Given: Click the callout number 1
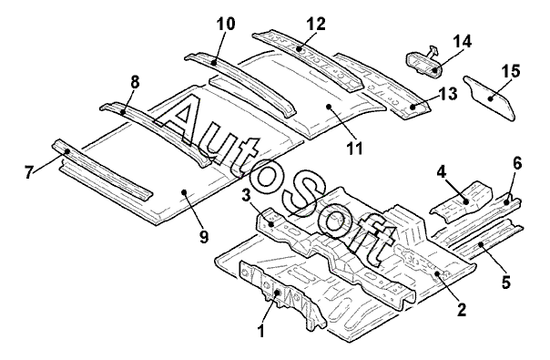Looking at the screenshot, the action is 260,331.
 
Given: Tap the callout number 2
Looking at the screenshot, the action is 462,309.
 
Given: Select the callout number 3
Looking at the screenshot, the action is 247,196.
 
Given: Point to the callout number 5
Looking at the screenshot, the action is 505,282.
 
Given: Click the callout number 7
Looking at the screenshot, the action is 30,172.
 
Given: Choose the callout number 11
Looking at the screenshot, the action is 354,148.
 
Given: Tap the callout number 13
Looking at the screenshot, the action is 448,94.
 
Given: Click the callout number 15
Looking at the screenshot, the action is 511,71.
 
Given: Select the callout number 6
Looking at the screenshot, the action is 517,164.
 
